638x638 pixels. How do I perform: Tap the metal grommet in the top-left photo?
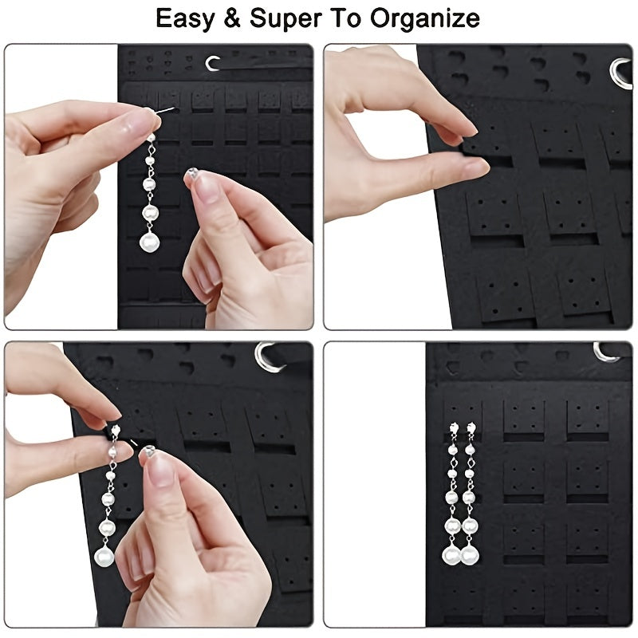pos(213,63)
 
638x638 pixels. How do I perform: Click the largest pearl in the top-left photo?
pos(149,241)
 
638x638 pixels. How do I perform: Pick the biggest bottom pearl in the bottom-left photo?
pos(104,555)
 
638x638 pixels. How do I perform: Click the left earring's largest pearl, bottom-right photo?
pos(452,552)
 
